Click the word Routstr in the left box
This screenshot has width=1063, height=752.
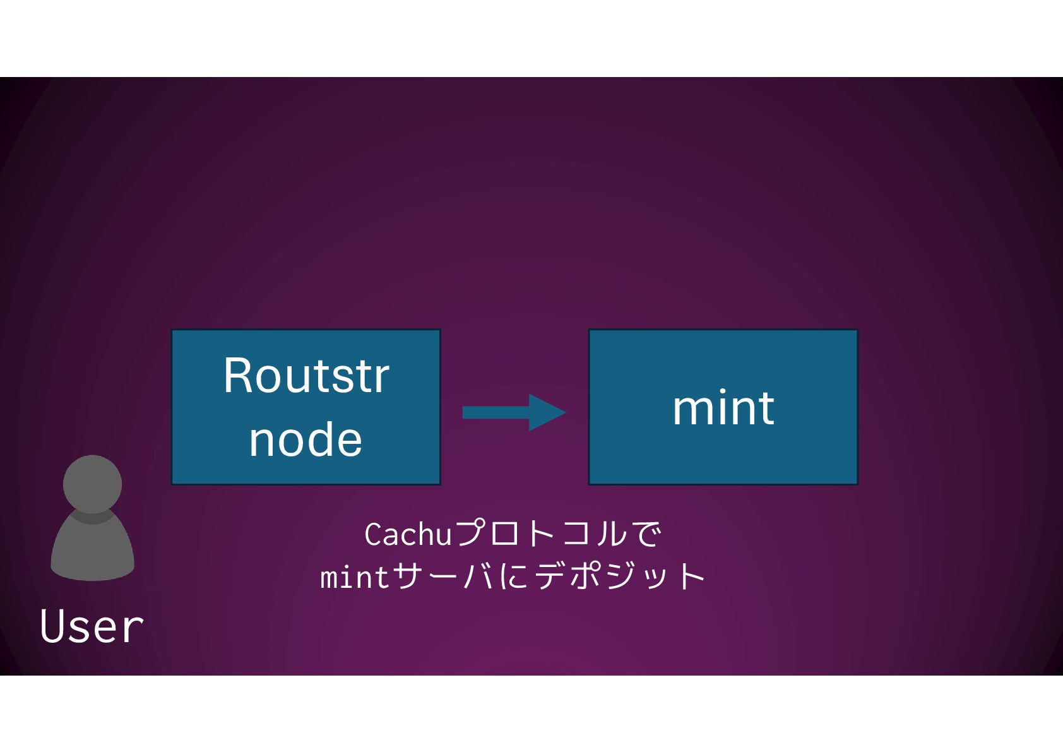306,376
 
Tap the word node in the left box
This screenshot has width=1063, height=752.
306,439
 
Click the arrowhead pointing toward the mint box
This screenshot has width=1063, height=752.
547,413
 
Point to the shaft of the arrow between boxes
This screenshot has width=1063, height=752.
496,413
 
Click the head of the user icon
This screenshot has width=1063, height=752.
92,484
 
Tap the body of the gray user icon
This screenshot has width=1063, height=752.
92,549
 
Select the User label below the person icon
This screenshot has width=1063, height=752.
92,626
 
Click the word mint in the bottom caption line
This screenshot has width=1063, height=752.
355,577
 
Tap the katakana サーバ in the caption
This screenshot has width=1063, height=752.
443,577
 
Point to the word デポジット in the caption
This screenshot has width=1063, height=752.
620,577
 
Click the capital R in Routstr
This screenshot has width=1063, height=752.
238,376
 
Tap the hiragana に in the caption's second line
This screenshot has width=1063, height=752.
515,577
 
